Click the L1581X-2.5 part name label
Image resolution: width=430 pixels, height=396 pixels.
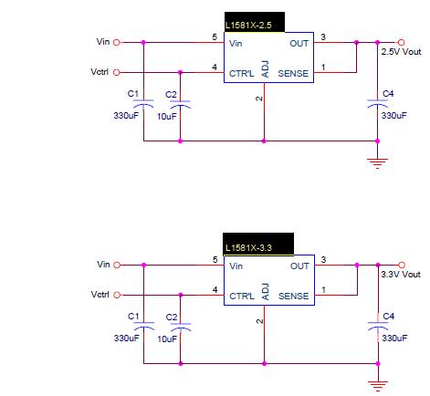[248, 26]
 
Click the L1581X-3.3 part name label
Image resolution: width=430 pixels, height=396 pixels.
[248, 248]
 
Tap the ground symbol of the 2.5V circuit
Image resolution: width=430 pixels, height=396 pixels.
[377, 163]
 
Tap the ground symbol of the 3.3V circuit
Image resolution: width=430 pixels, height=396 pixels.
[378, 386]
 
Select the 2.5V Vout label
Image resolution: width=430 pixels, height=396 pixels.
[401, 52]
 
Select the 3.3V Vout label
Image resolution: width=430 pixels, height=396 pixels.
[401, 275]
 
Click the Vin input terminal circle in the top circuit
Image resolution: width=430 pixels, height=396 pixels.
[117, 43]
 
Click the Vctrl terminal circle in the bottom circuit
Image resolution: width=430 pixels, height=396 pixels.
[117, 295]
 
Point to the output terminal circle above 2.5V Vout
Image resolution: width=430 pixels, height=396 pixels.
[402, 42]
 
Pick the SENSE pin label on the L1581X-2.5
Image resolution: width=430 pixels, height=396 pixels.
[293, 74]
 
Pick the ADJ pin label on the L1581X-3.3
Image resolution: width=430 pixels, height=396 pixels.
[266, 292]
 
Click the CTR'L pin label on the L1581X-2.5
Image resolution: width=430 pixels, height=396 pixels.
[241, 74]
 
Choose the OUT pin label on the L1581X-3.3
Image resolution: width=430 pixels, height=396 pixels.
[299, 266]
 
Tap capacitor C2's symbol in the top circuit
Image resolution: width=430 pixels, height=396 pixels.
[180, 104]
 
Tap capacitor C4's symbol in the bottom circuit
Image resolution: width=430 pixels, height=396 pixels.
[378, 326]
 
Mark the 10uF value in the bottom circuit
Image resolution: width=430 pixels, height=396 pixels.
[167, 339]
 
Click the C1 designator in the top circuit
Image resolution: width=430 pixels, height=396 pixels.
[133, 94]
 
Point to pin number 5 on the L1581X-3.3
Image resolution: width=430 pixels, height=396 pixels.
[215, 260]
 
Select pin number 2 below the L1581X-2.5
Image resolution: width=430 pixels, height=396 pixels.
[259, 99]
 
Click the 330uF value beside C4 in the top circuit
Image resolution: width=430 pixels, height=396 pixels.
[394, 116]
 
